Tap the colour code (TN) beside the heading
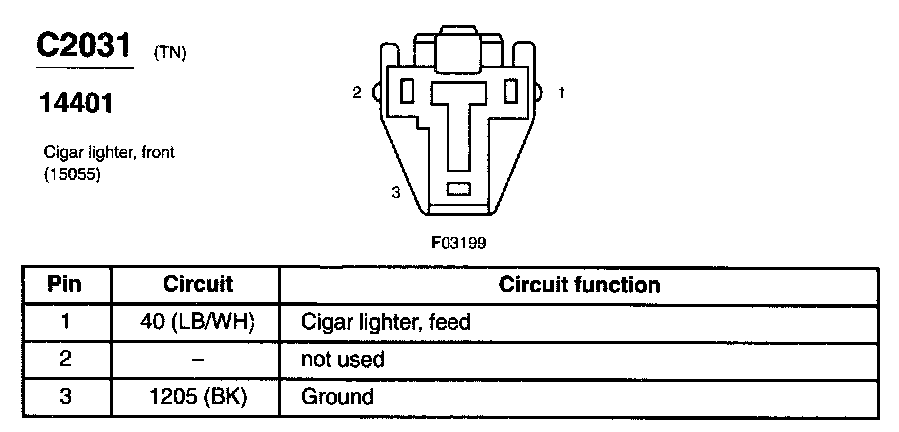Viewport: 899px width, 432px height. coord(170,54)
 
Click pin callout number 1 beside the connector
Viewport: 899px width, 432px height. coord(562,93)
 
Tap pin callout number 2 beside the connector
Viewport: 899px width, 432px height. coord(356,93)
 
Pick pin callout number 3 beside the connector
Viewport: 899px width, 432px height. coord(396,193)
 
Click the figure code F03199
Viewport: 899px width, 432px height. coord(458,241)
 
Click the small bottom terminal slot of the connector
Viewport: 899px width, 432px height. coord(459,188)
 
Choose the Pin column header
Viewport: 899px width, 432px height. coord(66,284)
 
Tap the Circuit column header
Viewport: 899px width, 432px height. coord(198,284)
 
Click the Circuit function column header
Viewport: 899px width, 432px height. coord(579,284)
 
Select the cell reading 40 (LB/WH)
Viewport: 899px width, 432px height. coord(197,322)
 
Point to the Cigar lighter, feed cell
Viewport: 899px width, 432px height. coord(386,322)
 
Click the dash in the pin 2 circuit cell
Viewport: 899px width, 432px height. coord(197,359)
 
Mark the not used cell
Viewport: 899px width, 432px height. coord(343,359)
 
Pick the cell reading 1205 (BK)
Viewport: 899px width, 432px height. coord(197,396)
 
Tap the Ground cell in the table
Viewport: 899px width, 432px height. coord(338,396)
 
